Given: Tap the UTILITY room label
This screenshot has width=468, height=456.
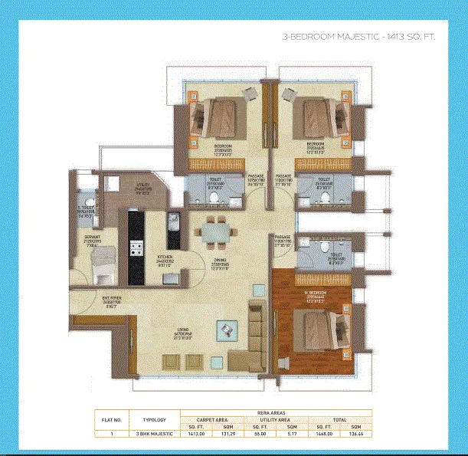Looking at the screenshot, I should pos(144,186).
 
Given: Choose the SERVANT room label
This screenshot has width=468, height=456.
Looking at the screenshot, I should pos(92,239).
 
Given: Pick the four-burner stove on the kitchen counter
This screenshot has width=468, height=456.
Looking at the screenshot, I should pos(139,249).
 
